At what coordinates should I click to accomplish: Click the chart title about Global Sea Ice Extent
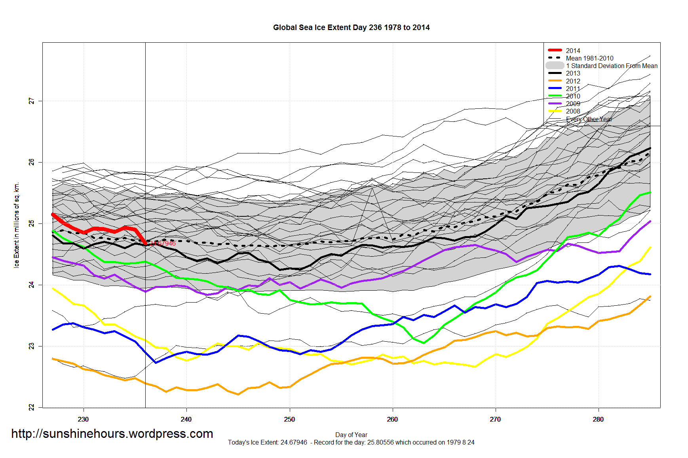(x=351, y=28)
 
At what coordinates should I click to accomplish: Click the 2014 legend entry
(x=573, y=51)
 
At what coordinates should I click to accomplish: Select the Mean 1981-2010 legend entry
(x=589, y=58)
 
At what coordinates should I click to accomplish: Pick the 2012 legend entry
(x=573, y=81)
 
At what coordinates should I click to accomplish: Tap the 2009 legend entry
(x=573, y=104)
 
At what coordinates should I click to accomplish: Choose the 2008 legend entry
(x=573, y=112)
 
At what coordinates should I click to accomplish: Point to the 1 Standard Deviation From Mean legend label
(x=612, y=66)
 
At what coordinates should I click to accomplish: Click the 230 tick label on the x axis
(x=83, y=420)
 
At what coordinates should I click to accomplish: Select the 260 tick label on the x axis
(x=392, y=420)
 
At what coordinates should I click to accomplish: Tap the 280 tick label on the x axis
(x=598, y=420)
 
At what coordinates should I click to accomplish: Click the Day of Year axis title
(x=351, y=435)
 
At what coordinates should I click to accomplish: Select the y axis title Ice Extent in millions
(x=17, y=225)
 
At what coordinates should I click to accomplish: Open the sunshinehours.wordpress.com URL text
(x=112, y=434)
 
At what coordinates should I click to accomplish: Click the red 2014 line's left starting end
(x=53, y=214)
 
